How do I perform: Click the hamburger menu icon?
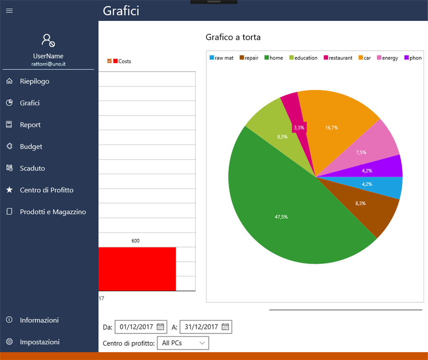9,11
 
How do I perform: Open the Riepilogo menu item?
34,81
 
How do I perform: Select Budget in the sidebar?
31,147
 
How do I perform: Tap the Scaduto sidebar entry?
32,168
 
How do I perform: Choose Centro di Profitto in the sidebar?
46,190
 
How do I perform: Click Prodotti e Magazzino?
52,212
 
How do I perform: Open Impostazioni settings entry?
39,342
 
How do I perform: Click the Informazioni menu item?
39,320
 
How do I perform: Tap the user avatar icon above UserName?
48,40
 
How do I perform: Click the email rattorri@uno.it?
48,64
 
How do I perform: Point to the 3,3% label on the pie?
299,128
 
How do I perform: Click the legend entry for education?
303,58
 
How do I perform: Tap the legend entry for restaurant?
338,58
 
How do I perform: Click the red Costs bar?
137,269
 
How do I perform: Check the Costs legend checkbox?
110,61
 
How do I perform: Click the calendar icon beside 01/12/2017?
160,327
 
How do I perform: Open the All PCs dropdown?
183,343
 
